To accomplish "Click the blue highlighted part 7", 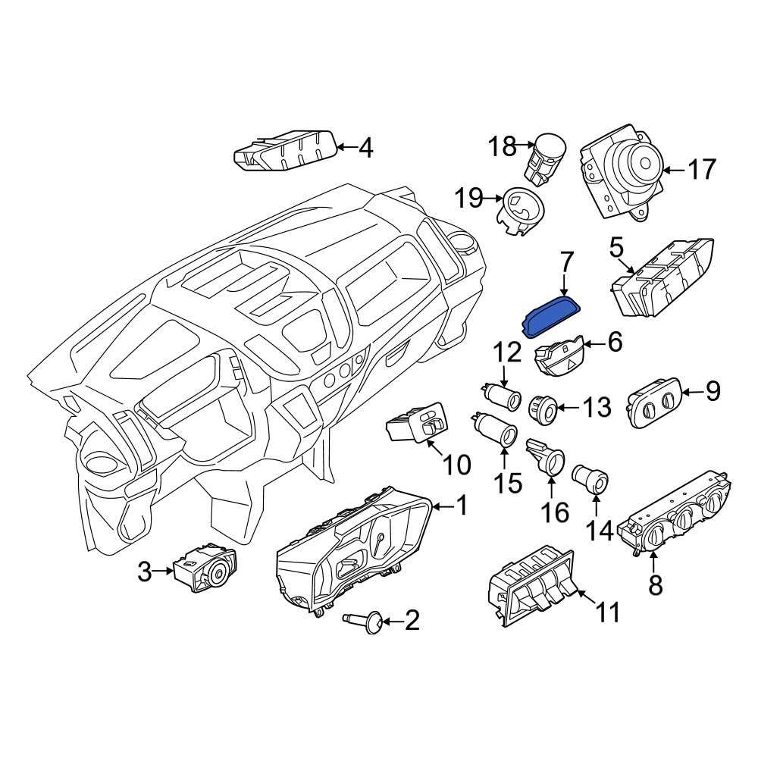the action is (550, 316).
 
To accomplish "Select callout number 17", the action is (701, 170).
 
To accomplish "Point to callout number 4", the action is (366, 148).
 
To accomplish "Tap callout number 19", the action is (469, 198).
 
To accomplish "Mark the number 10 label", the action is (456, 465).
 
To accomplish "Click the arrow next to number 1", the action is (443, 506).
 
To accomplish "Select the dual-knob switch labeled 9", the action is (655, 402).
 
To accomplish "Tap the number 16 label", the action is (555, 512).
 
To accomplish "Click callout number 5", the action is (616, 249).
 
